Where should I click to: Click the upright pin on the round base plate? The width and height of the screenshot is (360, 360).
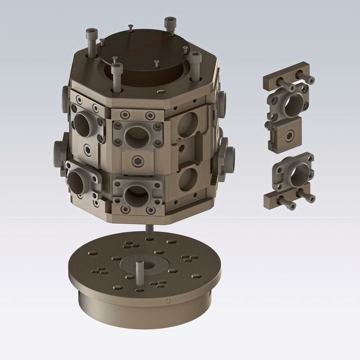pos(140,274)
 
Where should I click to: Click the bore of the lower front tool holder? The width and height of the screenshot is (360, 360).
pos(136,195)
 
